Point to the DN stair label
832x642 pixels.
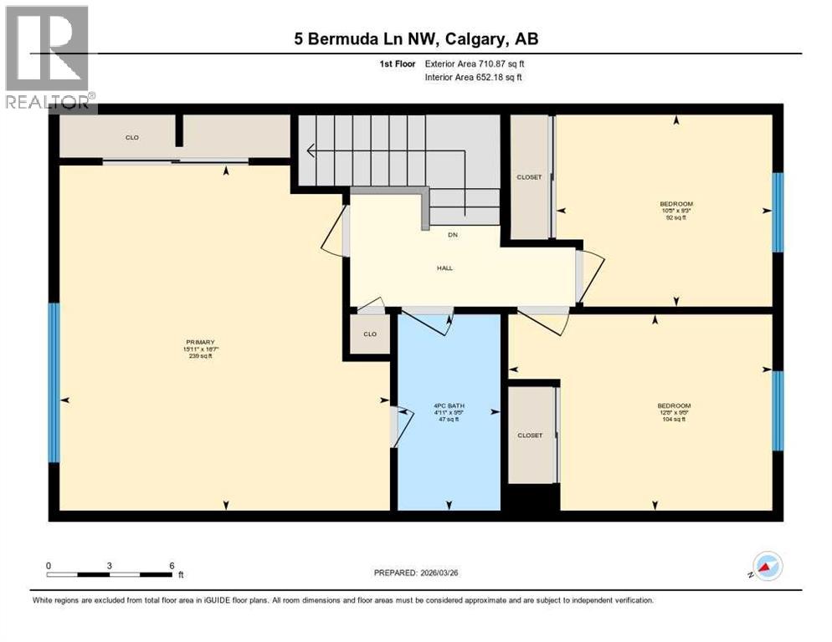click(453, 234)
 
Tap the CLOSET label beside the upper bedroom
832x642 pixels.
click(529, 177)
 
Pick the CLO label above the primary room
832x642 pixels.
click(131, 137)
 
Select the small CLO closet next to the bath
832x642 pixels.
click(369, 334)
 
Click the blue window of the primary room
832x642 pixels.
click(54, 382)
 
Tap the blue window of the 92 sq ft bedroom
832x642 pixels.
click(778, 212)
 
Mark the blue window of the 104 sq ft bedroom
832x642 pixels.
click(778, 410)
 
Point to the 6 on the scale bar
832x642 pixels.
click(172, 565)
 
